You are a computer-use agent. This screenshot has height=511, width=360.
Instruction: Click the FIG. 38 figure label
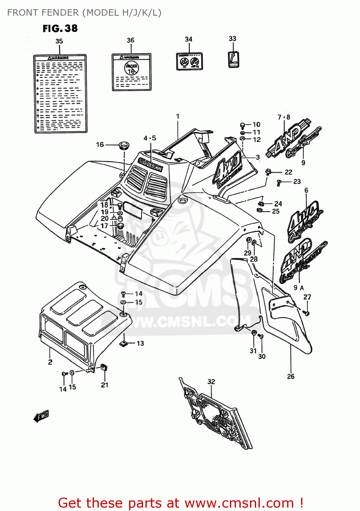point(60,28)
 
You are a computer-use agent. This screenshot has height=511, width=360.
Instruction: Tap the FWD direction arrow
point(41,416)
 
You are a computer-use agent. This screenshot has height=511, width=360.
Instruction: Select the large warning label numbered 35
point(60,93)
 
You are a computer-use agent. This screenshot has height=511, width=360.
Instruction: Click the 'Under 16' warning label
point(131,72)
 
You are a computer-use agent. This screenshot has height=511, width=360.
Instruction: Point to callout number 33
point(232,38)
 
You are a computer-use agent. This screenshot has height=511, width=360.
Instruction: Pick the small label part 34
point(189,61)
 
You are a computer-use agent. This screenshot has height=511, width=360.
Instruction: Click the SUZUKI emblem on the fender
point(150,164)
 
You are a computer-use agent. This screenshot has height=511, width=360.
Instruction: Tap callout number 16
point(100,144)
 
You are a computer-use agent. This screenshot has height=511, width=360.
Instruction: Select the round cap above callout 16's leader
point(124,145)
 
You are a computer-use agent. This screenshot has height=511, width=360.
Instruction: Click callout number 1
point(177,117)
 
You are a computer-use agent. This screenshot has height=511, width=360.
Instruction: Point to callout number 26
point(291,376)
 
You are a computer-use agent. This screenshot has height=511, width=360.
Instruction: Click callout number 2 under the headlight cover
point(50,362)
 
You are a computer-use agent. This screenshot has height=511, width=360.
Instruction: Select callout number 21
point(105,385)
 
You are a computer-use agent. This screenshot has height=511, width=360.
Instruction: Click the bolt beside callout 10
point(242,125)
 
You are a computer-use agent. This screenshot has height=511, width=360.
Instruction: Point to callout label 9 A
point(299,288)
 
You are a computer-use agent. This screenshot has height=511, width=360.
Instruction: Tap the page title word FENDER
point(60,13)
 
